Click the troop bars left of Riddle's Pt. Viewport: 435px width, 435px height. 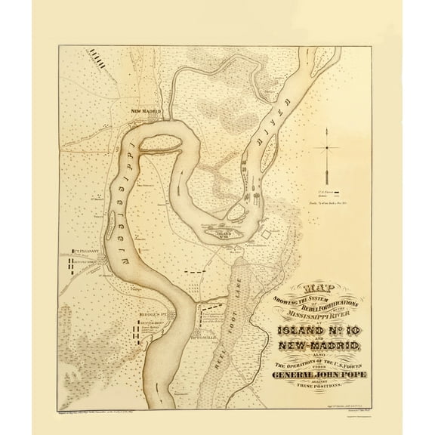point(137,331)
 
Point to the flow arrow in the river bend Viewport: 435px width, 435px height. point(160,393)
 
